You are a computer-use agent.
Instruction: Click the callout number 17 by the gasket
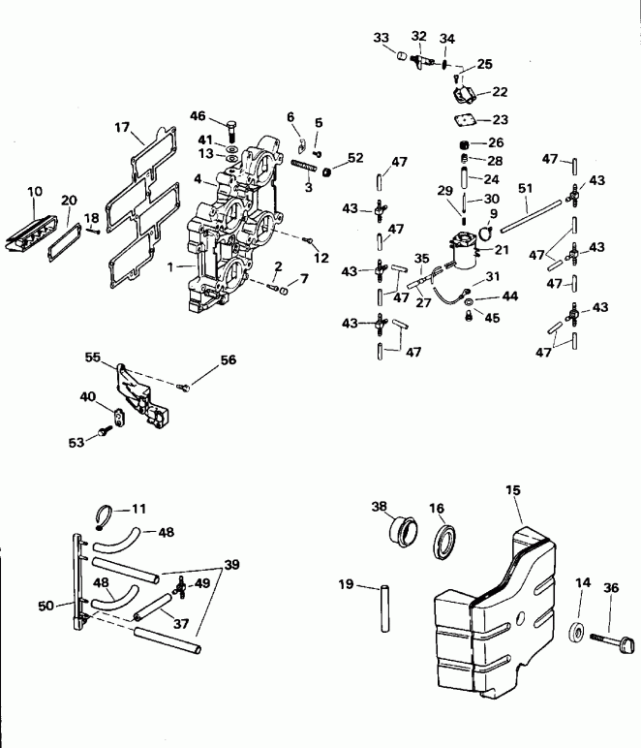(121, 127)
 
